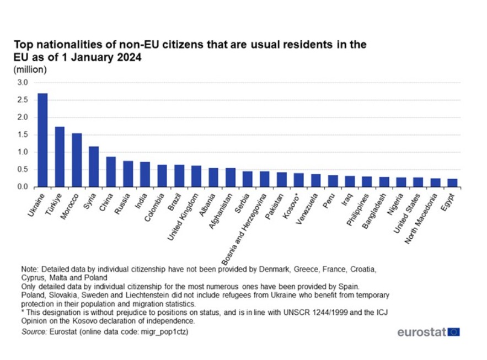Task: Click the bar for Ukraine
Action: [42, 140]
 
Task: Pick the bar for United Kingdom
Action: [196, 176]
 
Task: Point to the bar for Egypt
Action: [452, 183]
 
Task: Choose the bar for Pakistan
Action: [281, 180]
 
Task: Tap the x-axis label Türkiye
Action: [55, 202]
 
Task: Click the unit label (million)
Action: [30, 69]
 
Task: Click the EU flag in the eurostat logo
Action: [454, 332]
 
